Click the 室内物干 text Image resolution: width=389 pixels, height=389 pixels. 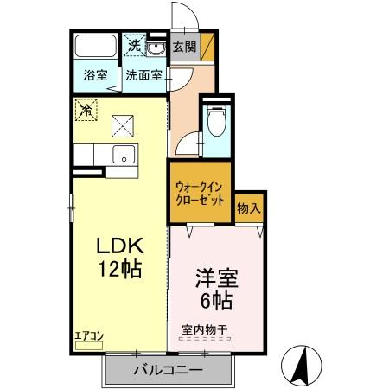[x=204, y=328]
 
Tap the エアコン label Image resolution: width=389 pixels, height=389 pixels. [x=88, y=334]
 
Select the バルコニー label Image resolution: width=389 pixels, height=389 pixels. [x=169, y=371]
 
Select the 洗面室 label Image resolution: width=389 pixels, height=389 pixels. [x=143, y=75]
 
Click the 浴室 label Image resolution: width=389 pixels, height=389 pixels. [x=95, y=75]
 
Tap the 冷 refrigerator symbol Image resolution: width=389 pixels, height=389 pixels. [x=86, y=110]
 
